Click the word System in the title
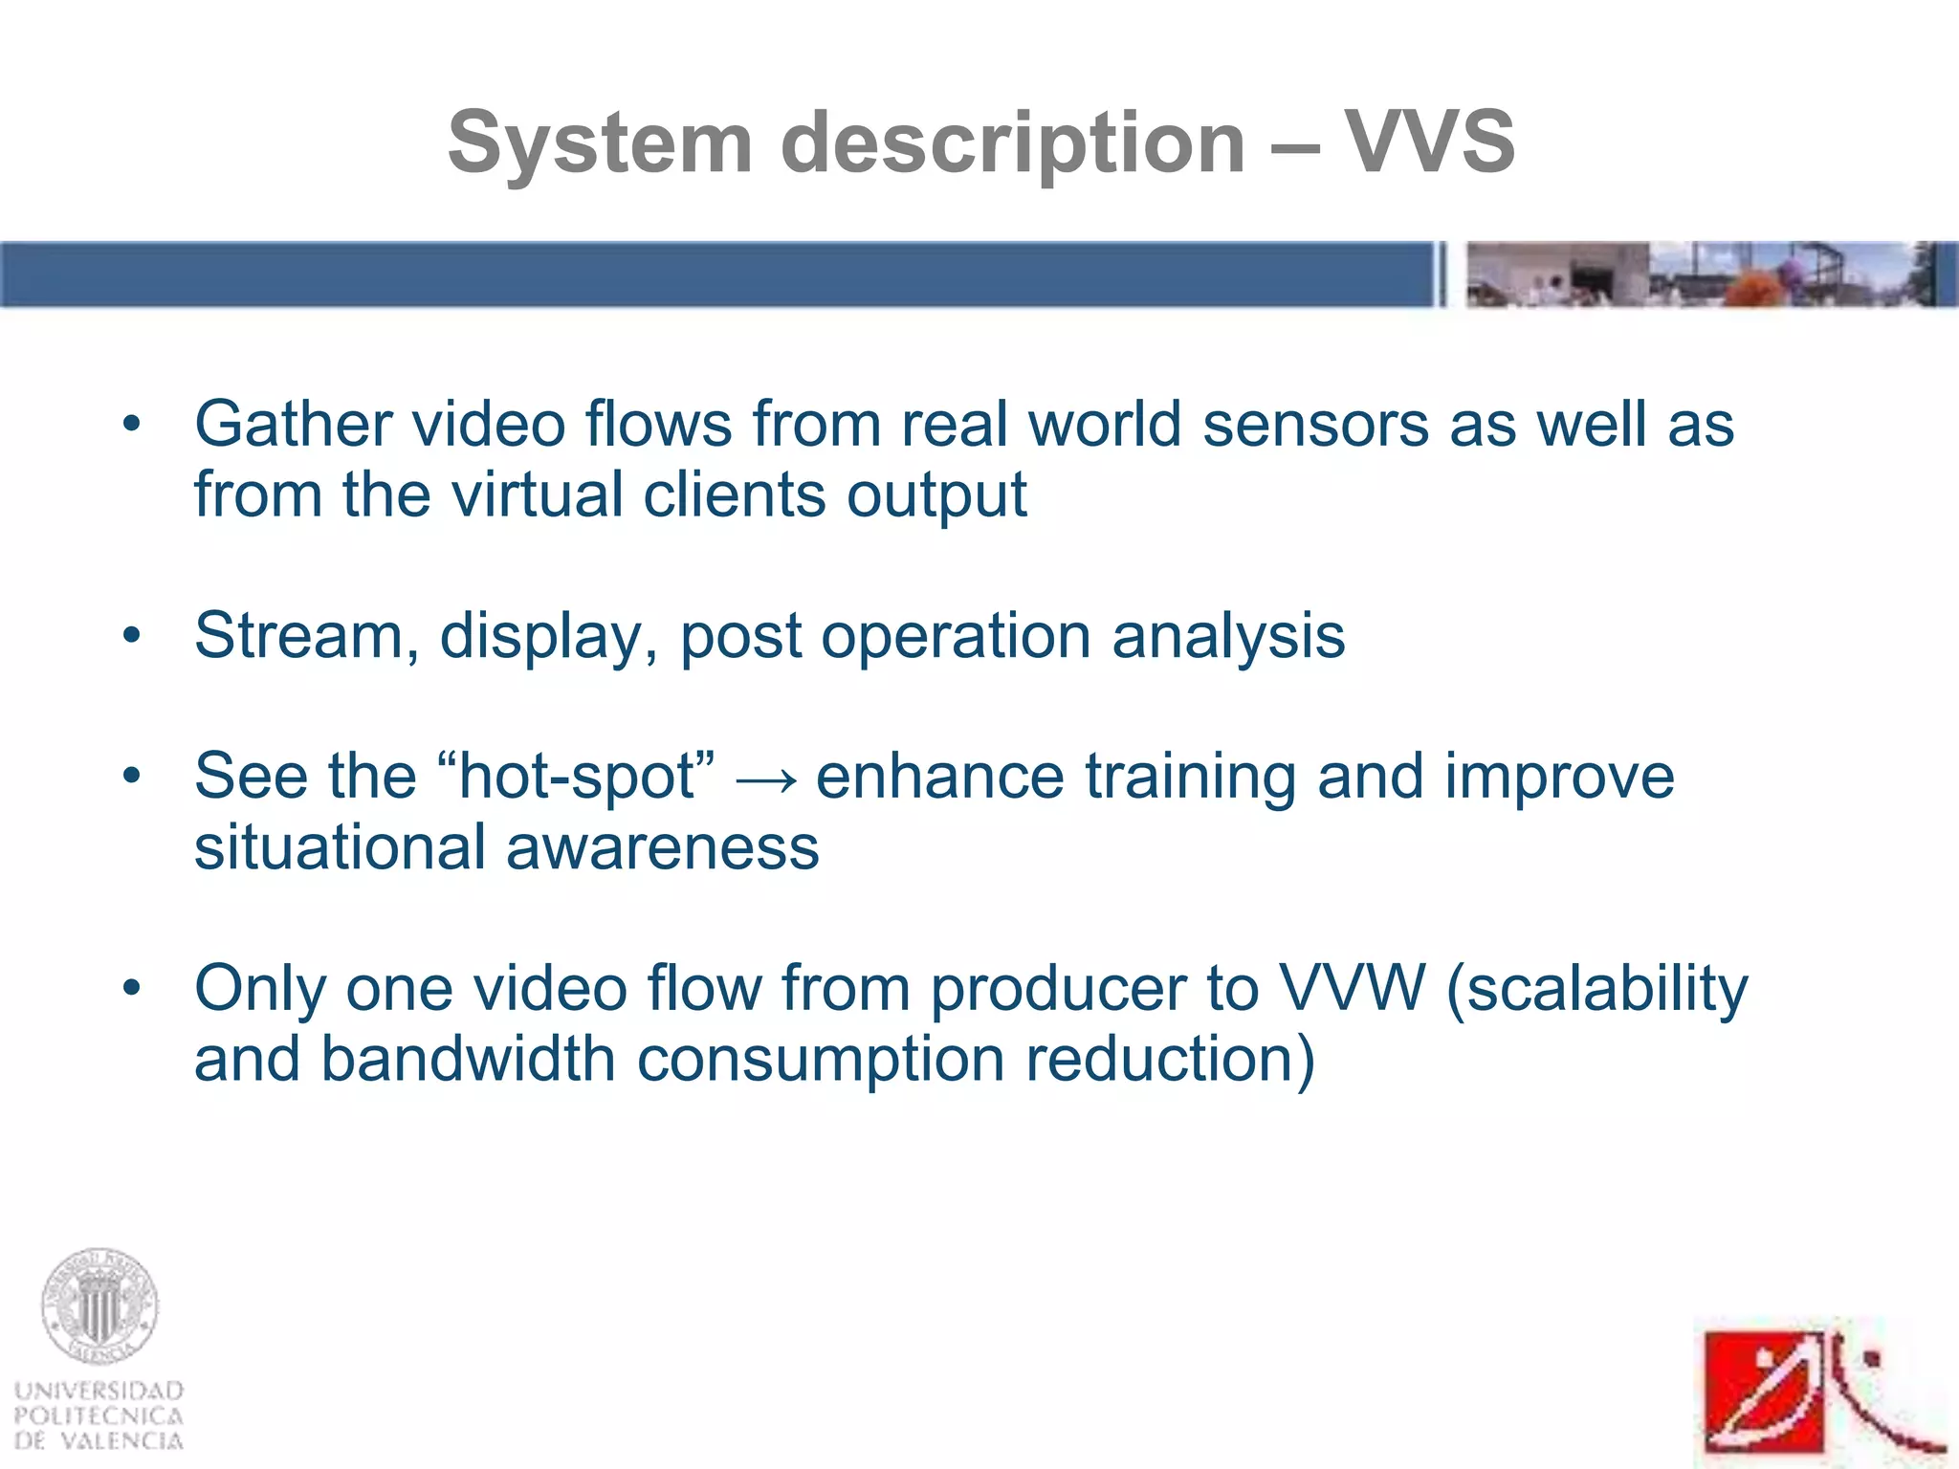[x=600, y=143]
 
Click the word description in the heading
[x=1013, y=143]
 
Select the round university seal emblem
[x=99, y=1305]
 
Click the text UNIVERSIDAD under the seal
[x=99, y=1391]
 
